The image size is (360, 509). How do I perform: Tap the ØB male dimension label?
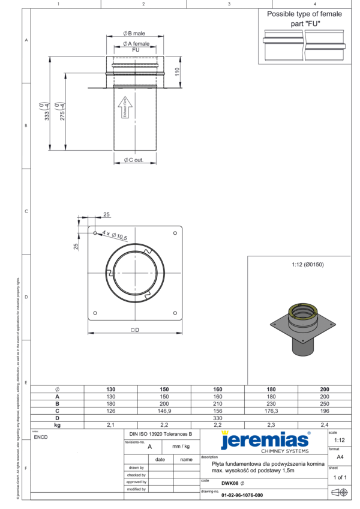point(134,34)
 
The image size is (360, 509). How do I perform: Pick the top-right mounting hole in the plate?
point(175,233)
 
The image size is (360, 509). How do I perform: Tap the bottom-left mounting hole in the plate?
point(95,312)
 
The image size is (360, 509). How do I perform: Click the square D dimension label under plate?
point(134,330)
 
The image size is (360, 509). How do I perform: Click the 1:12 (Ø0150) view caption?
point(303,264)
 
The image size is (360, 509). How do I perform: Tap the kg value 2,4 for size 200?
point(325,424)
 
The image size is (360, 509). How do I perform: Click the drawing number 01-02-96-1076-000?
point(242,495)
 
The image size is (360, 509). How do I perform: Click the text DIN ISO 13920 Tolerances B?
point(161,433)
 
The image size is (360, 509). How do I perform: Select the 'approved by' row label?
point(136,481)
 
